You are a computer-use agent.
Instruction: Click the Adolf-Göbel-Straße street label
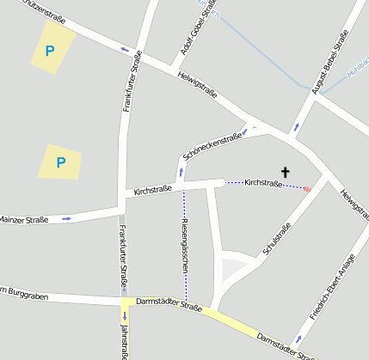[197, 32]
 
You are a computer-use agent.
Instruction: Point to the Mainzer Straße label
[23, 221]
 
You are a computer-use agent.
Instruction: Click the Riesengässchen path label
[185, 246]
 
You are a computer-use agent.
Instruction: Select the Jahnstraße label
[125, 342]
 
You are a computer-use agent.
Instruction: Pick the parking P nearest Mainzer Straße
[60, 162]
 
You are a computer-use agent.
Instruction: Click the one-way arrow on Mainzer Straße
[66, 219]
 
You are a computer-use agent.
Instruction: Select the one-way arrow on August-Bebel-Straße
[298, 126]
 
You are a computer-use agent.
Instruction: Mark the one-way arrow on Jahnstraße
[125, 316]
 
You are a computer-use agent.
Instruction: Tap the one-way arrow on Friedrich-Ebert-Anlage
[298, 339]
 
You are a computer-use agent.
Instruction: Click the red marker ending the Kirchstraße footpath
[307, 188]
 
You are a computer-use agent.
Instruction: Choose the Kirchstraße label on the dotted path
[263, 183]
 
